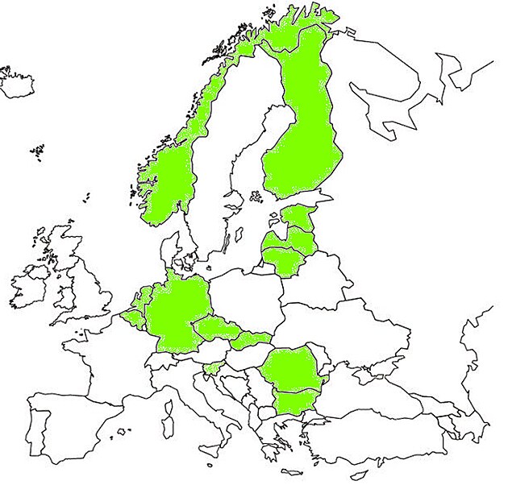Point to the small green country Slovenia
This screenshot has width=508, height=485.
212,368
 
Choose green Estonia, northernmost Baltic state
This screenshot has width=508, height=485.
300,217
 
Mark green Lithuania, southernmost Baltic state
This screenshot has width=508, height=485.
282,259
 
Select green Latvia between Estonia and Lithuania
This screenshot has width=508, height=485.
290,238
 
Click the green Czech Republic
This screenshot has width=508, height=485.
216,329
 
